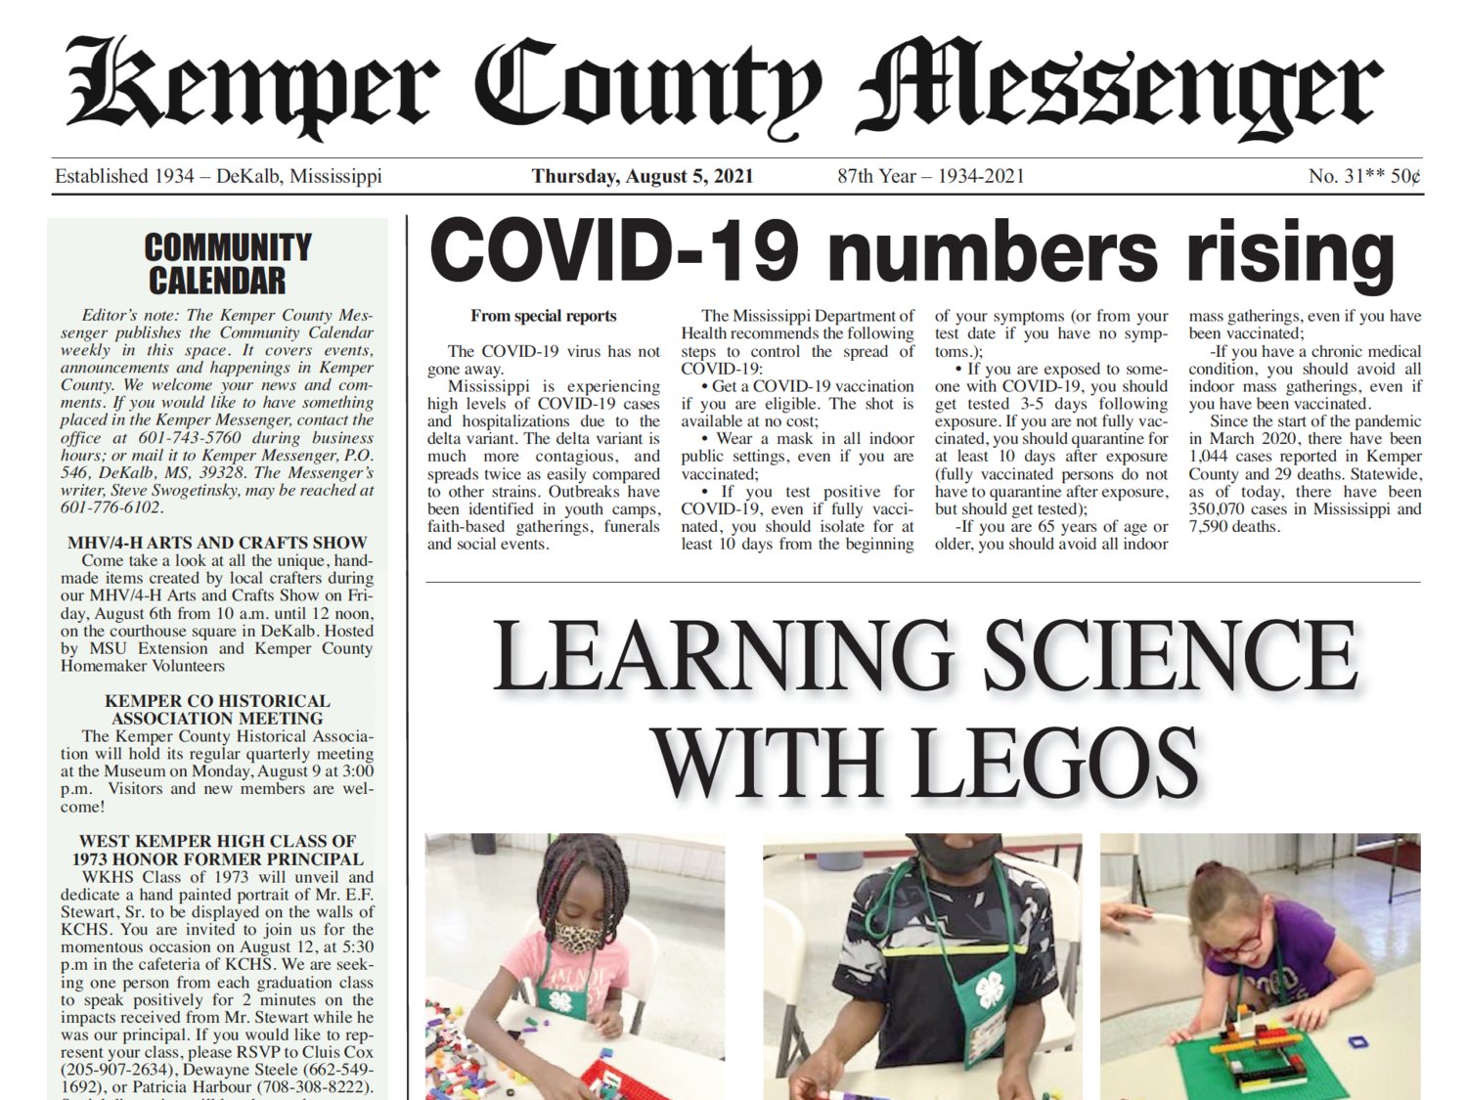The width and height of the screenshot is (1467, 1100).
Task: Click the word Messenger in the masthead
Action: coord(1120,88)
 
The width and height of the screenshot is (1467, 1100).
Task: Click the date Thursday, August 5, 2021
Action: coord(643,177)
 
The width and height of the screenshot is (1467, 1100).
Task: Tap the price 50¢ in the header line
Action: coord(1405,177)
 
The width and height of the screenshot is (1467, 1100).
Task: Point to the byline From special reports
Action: coord(543,316)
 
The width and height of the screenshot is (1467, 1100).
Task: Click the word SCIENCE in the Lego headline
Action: coord(1171,655)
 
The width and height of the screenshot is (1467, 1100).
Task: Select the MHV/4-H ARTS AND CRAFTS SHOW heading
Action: coord(217,543)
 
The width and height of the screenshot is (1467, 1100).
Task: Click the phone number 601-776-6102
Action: coord(111,507)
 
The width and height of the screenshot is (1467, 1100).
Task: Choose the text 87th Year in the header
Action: coord(876,177)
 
